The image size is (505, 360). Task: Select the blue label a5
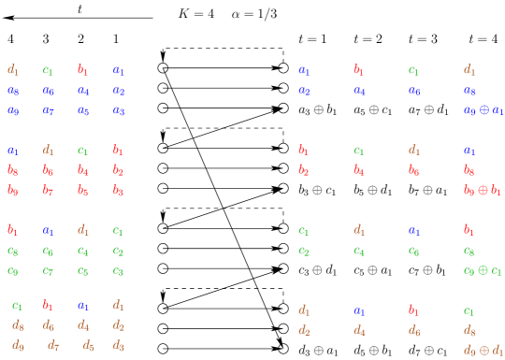pyautogui.click(x=83, y=110)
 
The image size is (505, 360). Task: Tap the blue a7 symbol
pyautogui.click(x=48, y=110)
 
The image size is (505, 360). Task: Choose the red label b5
pyautogui.click(x=83, y=191)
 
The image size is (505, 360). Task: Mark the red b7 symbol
pyautogui.click(x=48, y=191)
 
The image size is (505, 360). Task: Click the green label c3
pyautogui.click(x=119, y=271)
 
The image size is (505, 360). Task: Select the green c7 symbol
pyautogui.click(x=48, y=271)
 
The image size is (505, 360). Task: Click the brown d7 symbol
pyautogui.click(x=53, y=346)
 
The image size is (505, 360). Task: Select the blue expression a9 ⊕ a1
pyautogui.click(x=483, y=110)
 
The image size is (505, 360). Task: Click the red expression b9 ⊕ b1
pyautogui.click(x=483, y=191)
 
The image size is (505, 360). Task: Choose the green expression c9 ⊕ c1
pyautogui.click(x=483, y=271)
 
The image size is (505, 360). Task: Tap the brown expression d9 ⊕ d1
pyautogui.click(x=483, y=351)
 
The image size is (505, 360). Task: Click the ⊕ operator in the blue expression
pyautogui.click(x=483, y=110)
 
